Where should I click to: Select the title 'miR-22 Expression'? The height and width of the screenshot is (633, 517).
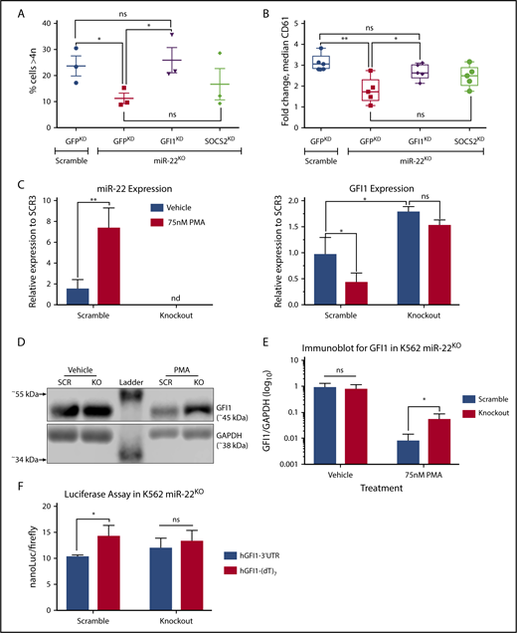pyautogui.click(x=102, y=189)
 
